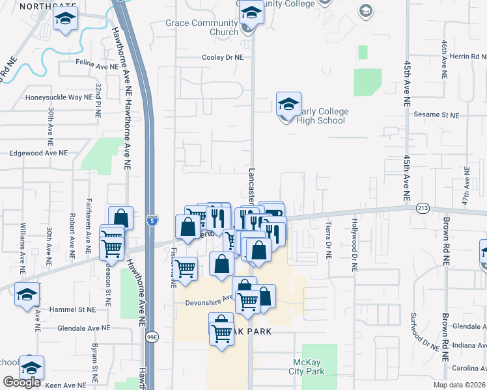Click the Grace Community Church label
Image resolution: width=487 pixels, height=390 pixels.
tap(202, 27)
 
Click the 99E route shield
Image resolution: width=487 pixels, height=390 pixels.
tap(152, 337)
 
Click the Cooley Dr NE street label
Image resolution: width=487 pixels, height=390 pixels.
tap(222, 57)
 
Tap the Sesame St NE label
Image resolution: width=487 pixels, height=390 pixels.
tap(436, 114)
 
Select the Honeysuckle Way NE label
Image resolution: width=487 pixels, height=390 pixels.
tap(54, 97)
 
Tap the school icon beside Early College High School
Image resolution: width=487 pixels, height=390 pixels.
tap(288, 105)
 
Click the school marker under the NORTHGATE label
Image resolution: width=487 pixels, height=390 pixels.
tap(64, 19)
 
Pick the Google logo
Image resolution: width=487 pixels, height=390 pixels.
tap(21, 382)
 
